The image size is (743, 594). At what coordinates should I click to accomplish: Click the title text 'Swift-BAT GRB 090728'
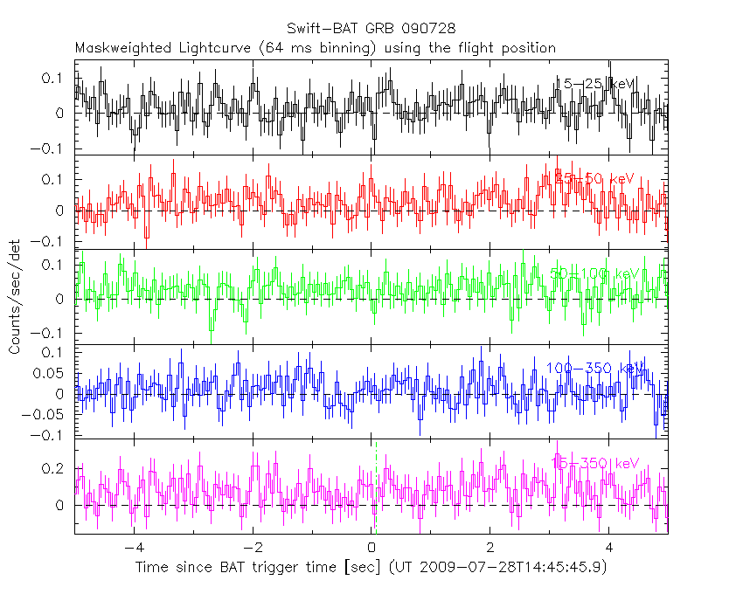[x=371, y=30]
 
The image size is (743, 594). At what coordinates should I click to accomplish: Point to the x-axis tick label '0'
[x=371, y=549]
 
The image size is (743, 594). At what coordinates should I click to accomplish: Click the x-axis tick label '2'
[x=490, y=549]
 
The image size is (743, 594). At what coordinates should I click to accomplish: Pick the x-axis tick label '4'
[x=609, y=549]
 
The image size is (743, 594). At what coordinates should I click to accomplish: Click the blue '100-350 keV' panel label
[x=595, y=368]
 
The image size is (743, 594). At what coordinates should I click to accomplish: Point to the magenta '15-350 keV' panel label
[x=595, y=462]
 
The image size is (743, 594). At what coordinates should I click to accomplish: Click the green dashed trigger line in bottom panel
[x=376, y=489]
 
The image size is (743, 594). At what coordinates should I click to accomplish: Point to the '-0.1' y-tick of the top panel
[x=54, y=148]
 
